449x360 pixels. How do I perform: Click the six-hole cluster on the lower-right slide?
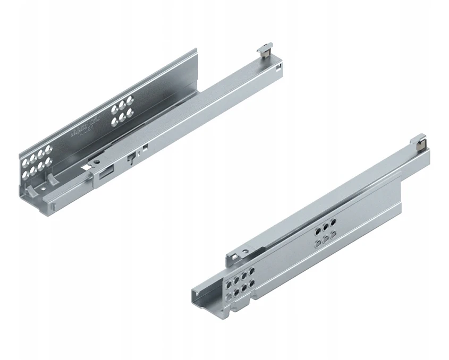(x=324, y=234)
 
